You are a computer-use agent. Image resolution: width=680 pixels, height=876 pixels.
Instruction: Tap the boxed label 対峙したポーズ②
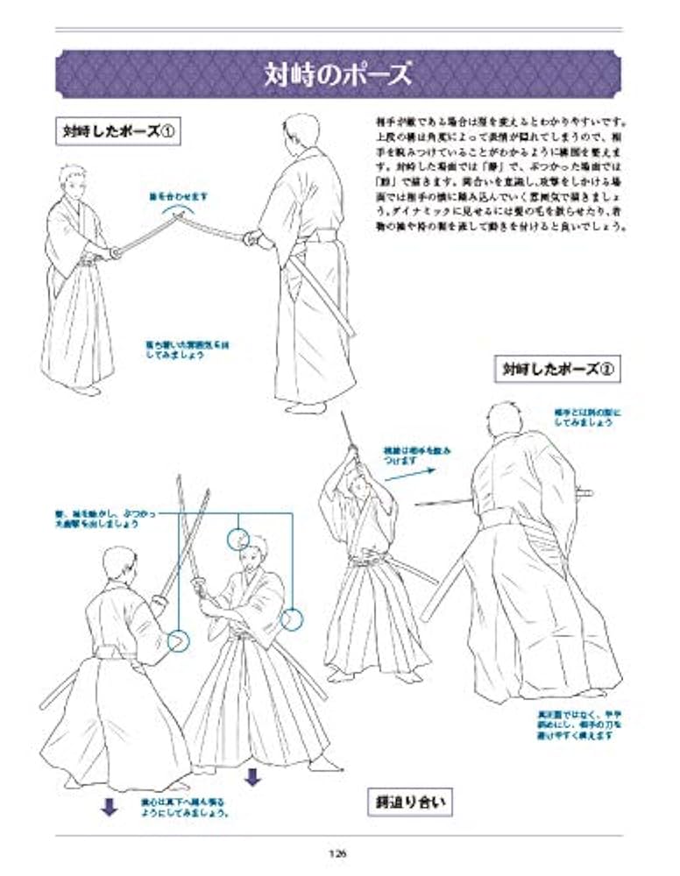[x=556, y=368]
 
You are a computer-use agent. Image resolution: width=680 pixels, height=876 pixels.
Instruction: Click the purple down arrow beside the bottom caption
[x=110, y=807]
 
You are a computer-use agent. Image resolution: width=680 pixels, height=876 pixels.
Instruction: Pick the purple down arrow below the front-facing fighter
[x=252, y=776]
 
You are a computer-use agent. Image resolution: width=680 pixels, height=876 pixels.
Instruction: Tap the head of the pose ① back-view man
[x=295, y=129]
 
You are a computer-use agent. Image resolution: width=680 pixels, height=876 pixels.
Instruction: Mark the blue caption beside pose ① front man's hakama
[x=184, y=351]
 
